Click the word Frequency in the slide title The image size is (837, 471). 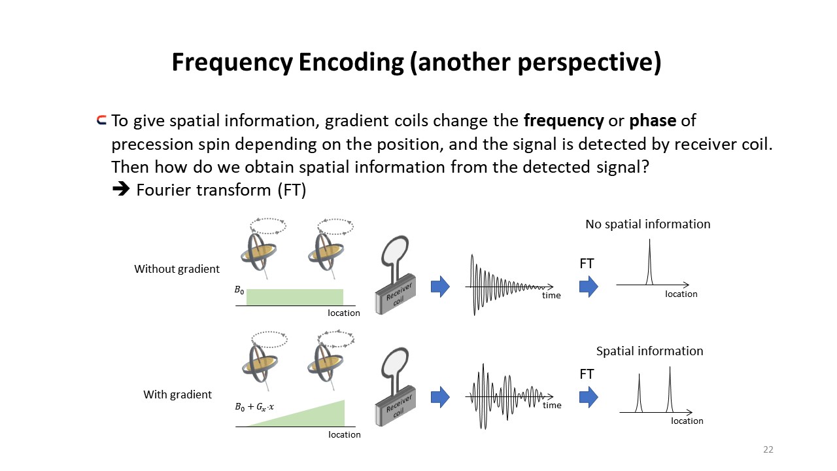[232, 63]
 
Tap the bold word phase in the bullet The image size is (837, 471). [653, 121]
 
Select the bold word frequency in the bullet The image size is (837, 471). [564, 121]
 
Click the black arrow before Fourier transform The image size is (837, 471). [121, 189]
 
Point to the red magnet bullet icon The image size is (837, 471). [101, 120]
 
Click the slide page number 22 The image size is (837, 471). [768, 449]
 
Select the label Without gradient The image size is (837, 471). [177, 269]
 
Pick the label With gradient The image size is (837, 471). [177, 394]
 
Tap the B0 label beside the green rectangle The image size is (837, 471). [239, 290]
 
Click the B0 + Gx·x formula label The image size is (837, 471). [254, 407]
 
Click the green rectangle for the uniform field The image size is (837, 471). [295, 297]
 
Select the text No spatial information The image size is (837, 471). [647, 224]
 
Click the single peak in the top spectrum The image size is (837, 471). [649, 262]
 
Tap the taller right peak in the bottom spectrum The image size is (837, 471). [670, 389]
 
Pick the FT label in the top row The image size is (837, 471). [587, 264]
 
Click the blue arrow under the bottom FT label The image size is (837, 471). [589, 397]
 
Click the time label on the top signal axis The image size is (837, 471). [551, 295]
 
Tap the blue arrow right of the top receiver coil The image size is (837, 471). [440, 287]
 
